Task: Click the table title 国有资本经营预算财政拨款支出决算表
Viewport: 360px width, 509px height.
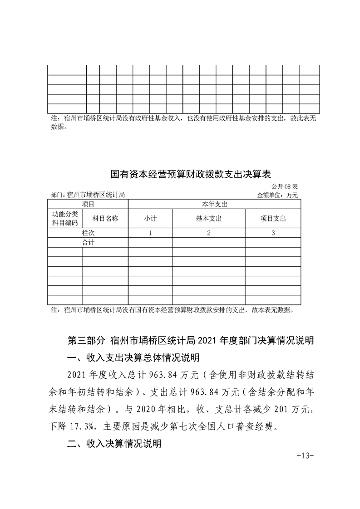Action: [191, 174]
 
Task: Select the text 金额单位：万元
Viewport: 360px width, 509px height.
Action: [277, 195]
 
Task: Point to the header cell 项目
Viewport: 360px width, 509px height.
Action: [88, 205]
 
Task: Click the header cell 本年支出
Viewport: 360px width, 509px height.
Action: [214, 205]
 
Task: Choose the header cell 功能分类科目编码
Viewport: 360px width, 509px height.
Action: [64, 218]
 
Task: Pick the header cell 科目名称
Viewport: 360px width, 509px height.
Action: [105, 218]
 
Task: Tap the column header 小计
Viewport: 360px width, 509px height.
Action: [150, 218]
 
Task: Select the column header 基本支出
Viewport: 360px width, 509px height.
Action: [208, 218]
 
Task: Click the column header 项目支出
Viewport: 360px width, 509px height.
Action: [273, 218]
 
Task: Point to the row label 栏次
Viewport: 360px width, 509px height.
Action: [88, 233]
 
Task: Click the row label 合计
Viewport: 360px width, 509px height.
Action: [88, 243]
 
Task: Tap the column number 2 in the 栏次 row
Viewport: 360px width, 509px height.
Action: [208, 233]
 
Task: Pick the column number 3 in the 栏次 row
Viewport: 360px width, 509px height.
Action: [273, 233]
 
